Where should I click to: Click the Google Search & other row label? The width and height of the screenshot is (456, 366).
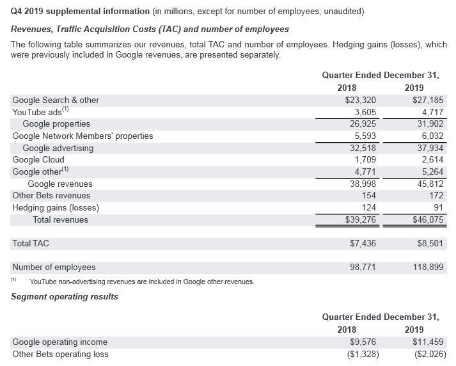pos(56,100)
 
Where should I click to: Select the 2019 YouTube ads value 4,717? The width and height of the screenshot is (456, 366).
pos(430,112)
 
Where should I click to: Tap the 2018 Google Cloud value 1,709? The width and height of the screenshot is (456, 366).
pos(363,160)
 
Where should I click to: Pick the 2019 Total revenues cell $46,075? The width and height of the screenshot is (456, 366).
pos(428,220)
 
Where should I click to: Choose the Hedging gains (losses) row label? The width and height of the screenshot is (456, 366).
pos(56,208)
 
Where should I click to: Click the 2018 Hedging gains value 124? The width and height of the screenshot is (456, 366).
pos(367,208)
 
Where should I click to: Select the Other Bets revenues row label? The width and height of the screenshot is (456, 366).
pos(51,196)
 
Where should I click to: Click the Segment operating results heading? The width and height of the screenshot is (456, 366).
pos(65,296)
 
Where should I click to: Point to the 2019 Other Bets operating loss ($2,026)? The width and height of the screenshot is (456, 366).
pos(427,354)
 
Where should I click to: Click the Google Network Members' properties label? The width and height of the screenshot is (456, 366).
pos(83,136)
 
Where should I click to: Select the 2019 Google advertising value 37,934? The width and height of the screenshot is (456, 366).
pos(428,148)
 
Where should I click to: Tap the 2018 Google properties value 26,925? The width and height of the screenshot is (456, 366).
pos(361,124)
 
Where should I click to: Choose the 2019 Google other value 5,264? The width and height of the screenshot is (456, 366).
pos(430,171)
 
